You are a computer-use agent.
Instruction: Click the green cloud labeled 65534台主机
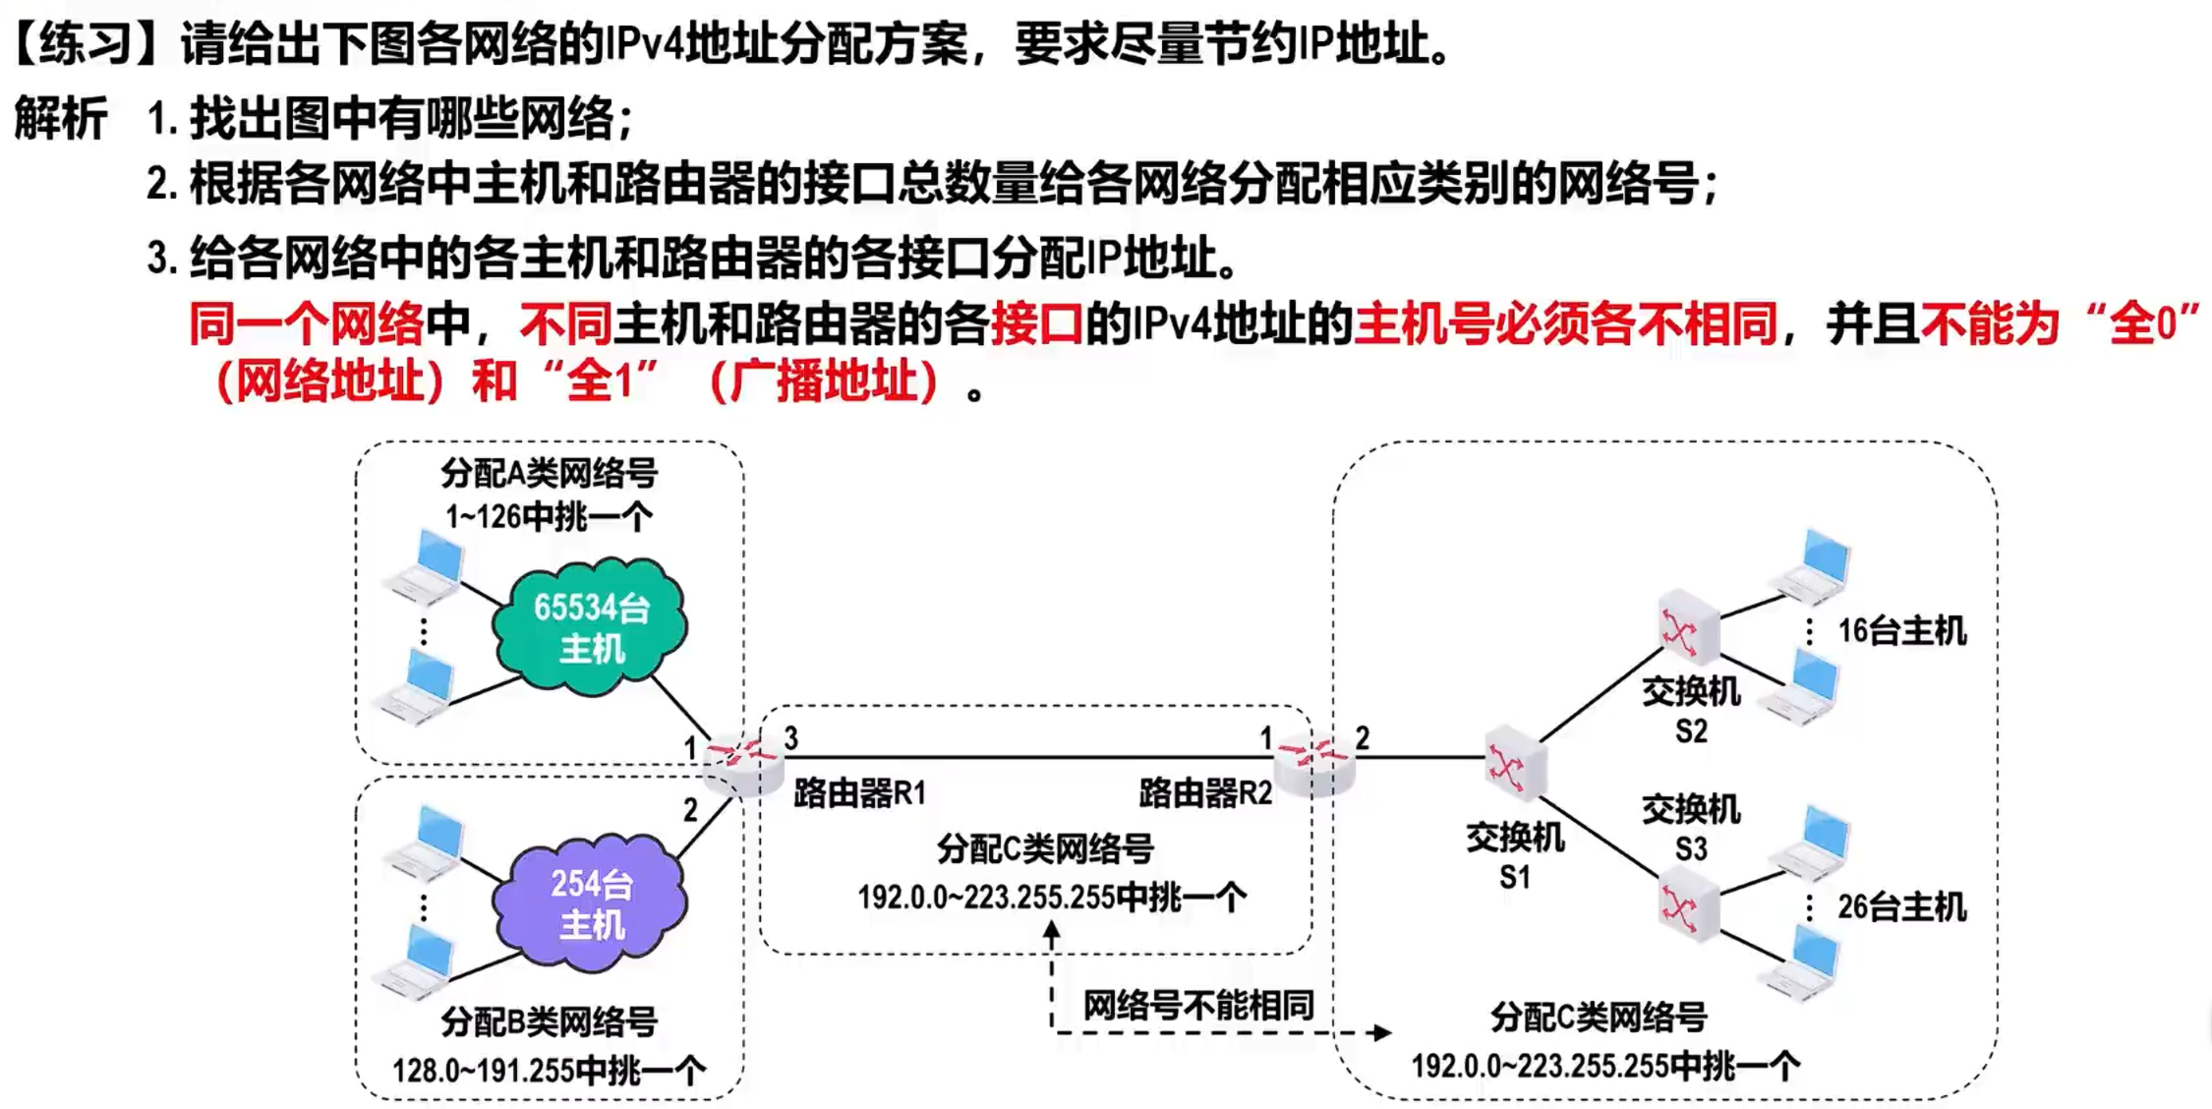(x=590, y=626)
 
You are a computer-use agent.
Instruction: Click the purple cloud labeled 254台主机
(x=590, y=904)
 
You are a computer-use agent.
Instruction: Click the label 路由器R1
(x=859, y=792)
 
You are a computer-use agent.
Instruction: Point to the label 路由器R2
(x=1205, y=792)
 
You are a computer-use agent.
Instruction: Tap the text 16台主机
(x=1901, y=631)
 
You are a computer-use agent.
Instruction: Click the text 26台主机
(x=1901, y=906)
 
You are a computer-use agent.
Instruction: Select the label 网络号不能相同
(x=1197, y=1006)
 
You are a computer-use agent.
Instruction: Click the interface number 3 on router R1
(x=790, y=737)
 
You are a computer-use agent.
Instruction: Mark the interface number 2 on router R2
(x=1362, y=737)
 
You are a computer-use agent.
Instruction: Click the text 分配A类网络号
(x=549, y=474)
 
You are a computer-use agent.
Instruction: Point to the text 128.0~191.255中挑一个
(x=549, y=1070)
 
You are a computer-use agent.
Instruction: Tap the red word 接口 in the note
(x=1036, y=323)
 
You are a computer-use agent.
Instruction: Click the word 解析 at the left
(x=61, y=120)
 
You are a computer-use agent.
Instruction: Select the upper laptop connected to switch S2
(x=1815, y=565)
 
